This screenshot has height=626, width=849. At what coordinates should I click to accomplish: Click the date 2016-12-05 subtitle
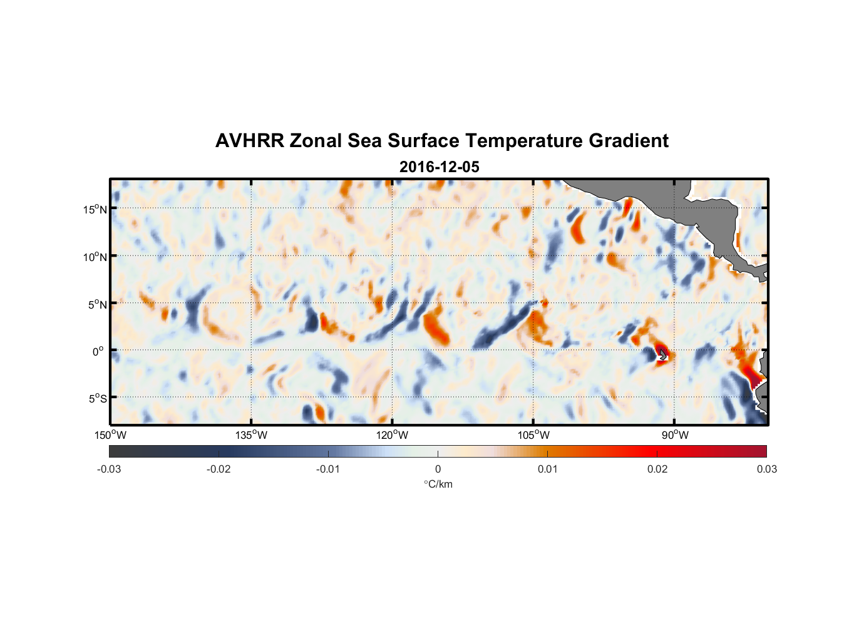[440, 167]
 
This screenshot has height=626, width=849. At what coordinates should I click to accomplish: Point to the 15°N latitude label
[95, 209]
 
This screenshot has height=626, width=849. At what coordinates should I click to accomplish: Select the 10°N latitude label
[95, 257]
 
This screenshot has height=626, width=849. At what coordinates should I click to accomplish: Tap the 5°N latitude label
[97, 304]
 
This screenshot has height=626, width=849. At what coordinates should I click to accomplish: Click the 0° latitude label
[98, 352]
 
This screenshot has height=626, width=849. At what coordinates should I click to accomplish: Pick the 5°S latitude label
[97, 399]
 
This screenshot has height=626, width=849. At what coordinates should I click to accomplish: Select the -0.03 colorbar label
[109, 469]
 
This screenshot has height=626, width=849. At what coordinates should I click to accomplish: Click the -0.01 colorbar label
[328, 469]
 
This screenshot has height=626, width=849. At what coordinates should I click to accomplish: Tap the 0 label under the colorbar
[438, 469]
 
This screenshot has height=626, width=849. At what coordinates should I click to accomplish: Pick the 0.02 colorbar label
[657, 469]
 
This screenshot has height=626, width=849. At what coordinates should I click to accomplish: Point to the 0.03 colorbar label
[766, 469]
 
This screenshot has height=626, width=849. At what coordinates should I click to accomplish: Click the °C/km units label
[438, 485]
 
